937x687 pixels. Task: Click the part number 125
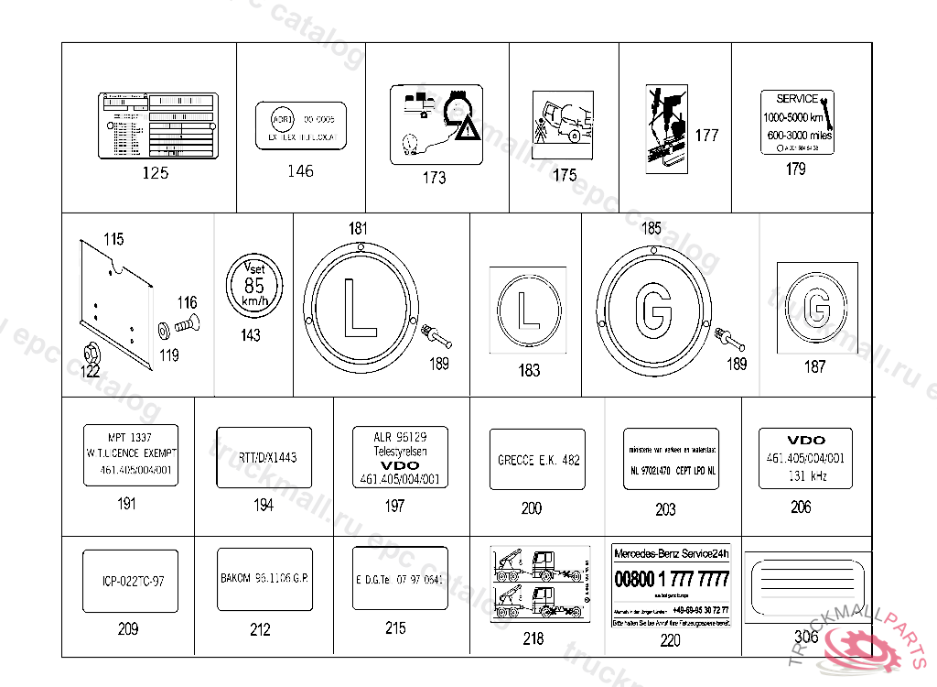click(x=156, y=172)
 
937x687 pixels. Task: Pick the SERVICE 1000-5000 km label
click(x=797, y=122)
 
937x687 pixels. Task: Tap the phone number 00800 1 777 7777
click(x=672, y=580)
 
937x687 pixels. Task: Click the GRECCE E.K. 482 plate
click(x=538, y=460)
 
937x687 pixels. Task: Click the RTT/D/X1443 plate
click(x=263, y=457)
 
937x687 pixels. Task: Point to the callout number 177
click(x=706, y=136)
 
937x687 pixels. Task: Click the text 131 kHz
click(x=806, y=476)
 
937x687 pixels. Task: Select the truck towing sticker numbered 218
click(x=535, y=585)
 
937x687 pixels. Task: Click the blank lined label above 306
click(x=805, y=585)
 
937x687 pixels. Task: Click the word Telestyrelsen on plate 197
click(x=400, y=452)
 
